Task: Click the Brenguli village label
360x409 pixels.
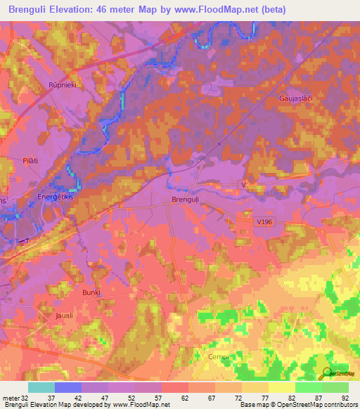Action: pyautogui.click(x=186, y=200)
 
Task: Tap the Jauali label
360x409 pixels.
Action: pyautogui.click(x=64, y=316)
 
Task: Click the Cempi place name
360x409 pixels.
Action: pyautogui.click(x=219, y=357)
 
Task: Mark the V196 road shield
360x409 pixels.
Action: pyautogui.click(x=264, y=222)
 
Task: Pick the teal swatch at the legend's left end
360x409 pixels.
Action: pyautogui.click(x=41, y=387)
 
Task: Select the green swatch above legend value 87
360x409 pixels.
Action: pyautogui.click(x=308, y=387)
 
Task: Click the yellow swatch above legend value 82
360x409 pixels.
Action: pyautogui.click(x=281, y=387)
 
